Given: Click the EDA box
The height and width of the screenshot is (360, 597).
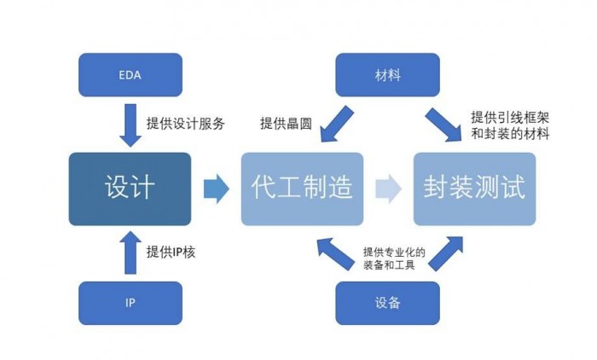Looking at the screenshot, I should pos(130,75).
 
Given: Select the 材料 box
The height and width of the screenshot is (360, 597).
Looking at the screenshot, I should pos(387,75).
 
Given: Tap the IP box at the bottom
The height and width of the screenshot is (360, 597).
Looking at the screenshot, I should pos(130,304).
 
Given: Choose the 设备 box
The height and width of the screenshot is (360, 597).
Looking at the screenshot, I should pos(387,304).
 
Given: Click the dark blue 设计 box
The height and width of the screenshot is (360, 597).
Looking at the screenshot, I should pos(130,189).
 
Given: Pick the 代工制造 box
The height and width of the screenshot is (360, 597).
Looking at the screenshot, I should pos(302,189).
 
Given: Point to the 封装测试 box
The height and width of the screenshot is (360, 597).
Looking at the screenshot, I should pos(474,189).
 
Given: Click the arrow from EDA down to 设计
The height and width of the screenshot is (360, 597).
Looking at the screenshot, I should pos(130,124).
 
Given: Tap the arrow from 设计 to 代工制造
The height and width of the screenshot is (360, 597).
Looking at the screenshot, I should pos(217,189).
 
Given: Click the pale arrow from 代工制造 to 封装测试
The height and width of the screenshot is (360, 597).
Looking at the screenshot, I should pos(388,189).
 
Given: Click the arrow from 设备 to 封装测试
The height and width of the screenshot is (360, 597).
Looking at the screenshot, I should pos(444,254).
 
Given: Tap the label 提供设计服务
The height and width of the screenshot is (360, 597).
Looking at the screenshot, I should pos(185,123).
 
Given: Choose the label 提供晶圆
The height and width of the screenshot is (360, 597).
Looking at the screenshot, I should pos(285,124).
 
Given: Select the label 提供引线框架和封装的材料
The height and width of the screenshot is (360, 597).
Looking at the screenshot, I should pos(509,125).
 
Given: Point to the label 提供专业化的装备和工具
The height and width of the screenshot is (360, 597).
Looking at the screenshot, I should pos(388,258).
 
